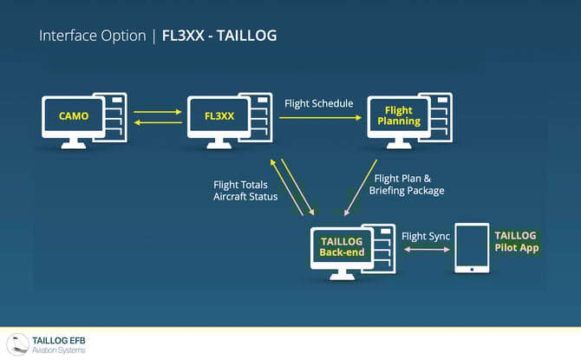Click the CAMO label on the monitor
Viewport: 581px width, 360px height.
74,116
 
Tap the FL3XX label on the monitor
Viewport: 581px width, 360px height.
219,116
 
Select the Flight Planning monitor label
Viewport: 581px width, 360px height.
399,115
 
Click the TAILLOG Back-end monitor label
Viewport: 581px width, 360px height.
342,247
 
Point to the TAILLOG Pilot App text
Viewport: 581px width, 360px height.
517,241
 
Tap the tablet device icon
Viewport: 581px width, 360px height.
472,248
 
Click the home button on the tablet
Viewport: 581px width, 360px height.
472,269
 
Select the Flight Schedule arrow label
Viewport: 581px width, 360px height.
318,103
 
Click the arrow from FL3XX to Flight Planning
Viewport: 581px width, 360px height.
320,117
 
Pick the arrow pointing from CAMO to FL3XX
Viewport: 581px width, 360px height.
158,112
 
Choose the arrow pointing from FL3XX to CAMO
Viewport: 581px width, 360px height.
158,122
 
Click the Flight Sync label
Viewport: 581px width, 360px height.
426,237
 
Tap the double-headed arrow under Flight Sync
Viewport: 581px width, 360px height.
427,250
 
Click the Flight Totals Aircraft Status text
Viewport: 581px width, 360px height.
245,191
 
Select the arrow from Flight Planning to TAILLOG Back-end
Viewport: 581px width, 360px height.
361,187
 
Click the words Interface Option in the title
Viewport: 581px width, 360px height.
93,36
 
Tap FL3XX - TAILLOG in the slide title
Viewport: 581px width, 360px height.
219,36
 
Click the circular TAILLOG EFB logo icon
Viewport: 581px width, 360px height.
18,344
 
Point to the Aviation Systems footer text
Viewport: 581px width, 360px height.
59,350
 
